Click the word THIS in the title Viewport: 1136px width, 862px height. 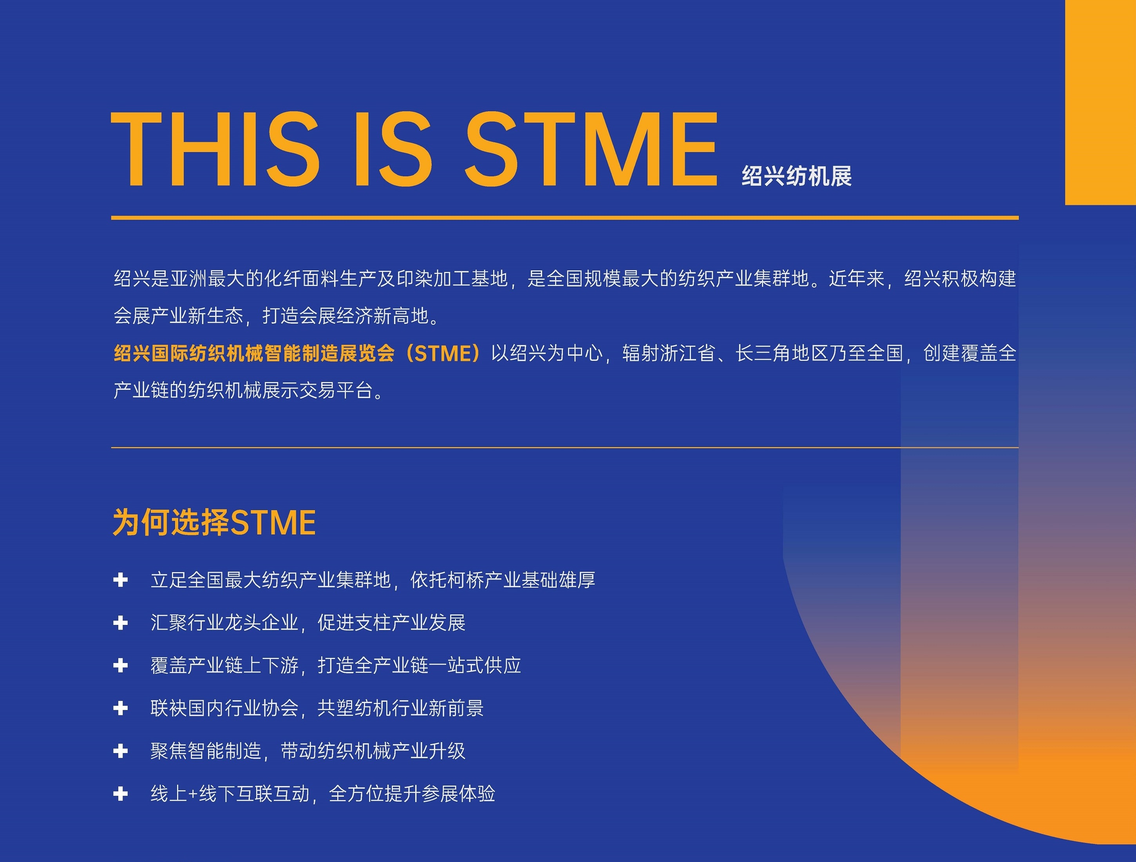coord(215,149)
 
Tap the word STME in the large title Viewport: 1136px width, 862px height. coord(591,149)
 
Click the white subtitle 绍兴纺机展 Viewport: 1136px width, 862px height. coord(796,176)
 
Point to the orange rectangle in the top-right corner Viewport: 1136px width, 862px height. coord(1101,102)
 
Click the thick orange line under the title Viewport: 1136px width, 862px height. coord(565,218)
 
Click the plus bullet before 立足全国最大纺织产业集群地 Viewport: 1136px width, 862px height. coord(120,580)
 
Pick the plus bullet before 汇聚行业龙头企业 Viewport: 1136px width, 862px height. coord(120,623)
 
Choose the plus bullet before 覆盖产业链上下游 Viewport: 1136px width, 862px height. coord(120,666)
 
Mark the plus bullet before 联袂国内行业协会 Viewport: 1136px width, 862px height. coord(120,708)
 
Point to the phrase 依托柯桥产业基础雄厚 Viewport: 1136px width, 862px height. coord(503,580)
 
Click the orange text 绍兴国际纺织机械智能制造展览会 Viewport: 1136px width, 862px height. coord(254,353)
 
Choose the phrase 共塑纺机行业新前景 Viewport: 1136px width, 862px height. coord(401,708)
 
